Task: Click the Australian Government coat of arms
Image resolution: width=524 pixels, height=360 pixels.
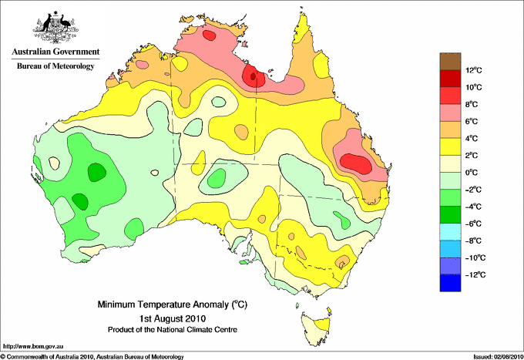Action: pyautogui.click(x=55, y=27)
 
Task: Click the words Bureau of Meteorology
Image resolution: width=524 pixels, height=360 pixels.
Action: pyautogui.click(x=55, y=66)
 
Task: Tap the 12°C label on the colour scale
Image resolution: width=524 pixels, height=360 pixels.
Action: pyautogui.click(x=474, y=70)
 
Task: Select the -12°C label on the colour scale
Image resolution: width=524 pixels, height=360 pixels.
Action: pyautogui.click(x=475, y=275)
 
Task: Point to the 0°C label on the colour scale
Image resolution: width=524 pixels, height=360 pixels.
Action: pyautogui.click(x=472, y=173)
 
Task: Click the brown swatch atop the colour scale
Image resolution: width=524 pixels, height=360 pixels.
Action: pyautogui.click(x=450, y=61)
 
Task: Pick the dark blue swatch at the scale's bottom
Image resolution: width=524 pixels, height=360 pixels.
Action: pyautogui.click(x=450, y=283)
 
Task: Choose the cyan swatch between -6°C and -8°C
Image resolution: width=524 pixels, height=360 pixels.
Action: pyautogui.click(x=450, y=232)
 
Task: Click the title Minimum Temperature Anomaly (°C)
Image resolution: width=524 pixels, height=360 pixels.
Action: pyautogui.click(x=173, y=304)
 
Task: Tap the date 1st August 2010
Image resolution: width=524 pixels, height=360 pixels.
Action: pyautogui.click(x=173, y=318)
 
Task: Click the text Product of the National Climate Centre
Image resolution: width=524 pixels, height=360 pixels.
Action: pyautogui.click(x=173, y=330)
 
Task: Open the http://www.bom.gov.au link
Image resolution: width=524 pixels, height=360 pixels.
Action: pyautogui.click(x=32, y=347)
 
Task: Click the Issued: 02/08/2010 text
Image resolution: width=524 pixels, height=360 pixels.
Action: pyautogui.click(x=498, y=357)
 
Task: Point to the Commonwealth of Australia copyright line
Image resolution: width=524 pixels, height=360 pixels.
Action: pyautogui.click(x=92, y=357)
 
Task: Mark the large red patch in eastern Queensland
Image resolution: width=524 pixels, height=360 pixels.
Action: pyautogui.click(x=356, y=163)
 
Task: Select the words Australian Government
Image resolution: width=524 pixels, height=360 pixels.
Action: pyautogui.click(x=55, y=52)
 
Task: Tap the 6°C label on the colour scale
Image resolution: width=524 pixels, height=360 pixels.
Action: pyautogui.click(x=472, y=122)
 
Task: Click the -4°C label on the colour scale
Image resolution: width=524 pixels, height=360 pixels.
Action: pyautogui.click(x=473, y=207)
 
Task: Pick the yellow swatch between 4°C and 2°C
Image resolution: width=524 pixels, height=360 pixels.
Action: pyautogui.click(x=450, y=146)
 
